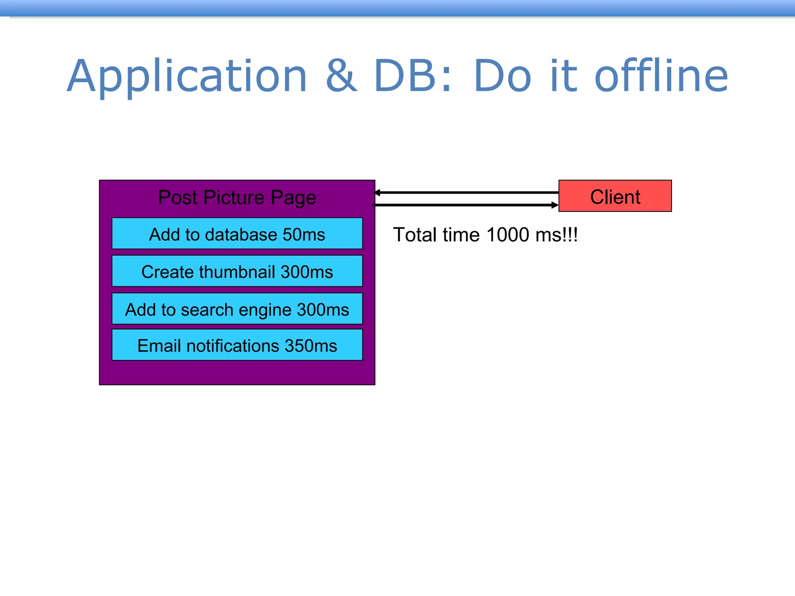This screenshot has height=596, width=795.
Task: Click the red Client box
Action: [x=615, y=196]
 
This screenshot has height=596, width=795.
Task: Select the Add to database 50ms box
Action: [x=237, y=234]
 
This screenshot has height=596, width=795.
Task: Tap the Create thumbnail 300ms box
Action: [x=237, y=271]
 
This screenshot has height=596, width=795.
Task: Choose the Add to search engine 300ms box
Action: [x=237, y=309]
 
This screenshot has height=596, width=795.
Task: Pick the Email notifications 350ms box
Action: [x=237, y=345]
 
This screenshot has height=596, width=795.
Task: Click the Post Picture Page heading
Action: [x=237, y=197]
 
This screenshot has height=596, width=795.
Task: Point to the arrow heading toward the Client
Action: [x=466, y=205]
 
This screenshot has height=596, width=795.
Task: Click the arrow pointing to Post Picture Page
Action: [x=466, y=192]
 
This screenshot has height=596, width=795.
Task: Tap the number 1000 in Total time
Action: [x=507, y=235]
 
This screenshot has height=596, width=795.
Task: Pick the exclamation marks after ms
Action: [x=570, y=235]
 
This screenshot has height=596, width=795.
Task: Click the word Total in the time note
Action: [x=415, y=235]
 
